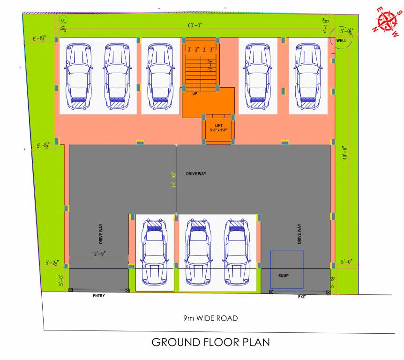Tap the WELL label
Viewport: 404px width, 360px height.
click(x=342, y=41)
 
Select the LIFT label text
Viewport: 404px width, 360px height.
click(x=218, y=125)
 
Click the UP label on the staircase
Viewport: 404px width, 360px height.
click(x=195, y=93)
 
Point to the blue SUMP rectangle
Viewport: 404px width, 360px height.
click(x=287, y=269)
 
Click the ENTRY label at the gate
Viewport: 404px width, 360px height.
click(x=99, y=296)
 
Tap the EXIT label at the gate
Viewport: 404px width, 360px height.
click(x=302, y=297)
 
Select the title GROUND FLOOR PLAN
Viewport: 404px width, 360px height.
click(x=210, y=342)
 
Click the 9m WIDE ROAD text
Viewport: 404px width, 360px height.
click(x=210, y=318)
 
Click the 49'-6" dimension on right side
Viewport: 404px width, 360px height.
click(x=345, y=154)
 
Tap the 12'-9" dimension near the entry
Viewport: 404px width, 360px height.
click(x=98, y=254)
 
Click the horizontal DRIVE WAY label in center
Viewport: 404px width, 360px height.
click(x=196, y=174)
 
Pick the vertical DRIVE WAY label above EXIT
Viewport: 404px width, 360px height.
click(x=299, y=233)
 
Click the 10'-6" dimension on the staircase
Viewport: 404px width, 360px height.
click(x=211, y=66)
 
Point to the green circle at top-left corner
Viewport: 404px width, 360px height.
click(x=64, y=20)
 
